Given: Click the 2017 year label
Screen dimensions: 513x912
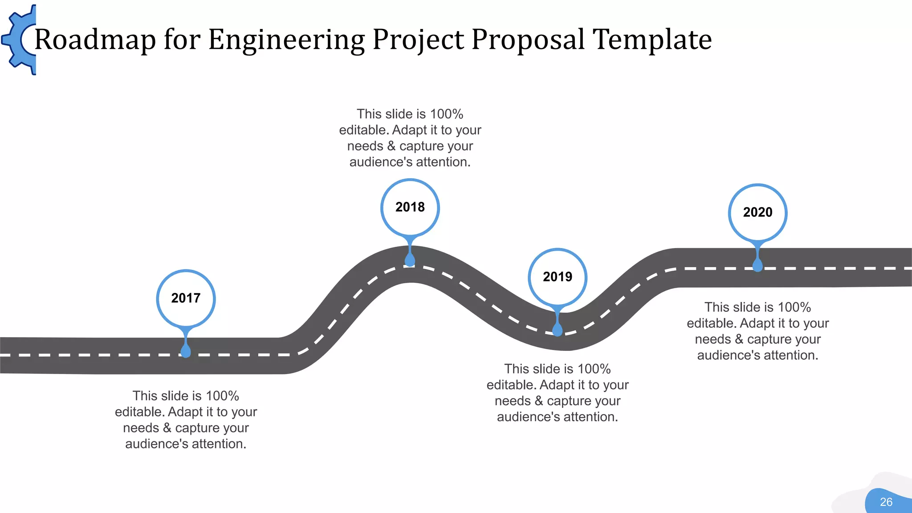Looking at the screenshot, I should click(186, 298).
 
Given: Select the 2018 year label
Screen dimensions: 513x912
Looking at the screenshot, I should click(410, 207).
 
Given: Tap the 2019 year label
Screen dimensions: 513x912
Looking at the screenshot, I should click(558, 277).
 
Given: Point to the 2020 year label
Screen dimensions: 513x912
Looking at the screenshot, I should click(757, 212).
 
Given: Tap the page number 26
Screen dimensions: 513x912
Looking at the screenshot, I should click(886, 502).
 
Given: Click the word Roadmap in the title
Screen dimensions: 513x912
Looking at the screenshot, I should click(95, 40).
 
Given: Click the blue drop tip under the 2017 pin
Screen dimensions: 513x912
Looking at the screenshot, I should click(186, 351).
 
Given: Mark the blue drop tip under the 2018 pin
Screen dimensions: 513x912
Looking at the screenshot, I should click(410, 260).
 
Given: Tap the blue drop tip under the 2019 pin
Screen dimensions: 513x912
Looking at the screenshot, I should click(558, 330).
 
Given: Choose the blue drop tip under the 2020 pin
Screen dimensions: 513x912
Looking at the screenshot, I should click(757, 265).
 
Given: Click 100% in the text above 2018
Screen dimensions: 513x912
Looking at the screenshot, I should click(447, 114).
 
